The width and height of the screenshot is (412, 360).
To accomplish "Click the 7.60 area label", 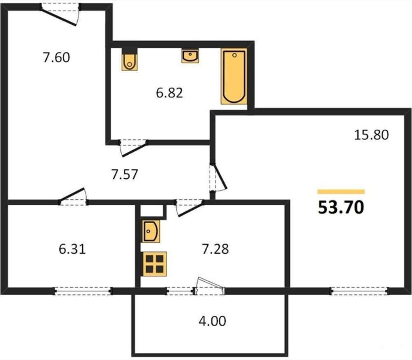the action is (56, 57).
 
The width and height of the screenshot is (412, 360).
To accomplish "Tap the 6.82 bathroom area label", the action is (170, 93).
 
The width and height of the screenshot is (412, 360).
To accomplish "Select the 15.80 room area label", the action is (371, 135).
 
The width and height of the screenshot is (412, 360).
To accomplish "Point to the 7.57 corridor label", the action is (125, 174).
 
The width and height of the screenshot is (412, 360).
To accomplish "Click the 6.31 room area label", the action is (72, 249).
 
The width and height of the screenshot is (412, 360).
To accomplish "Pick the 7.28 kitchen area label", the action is (215, 249).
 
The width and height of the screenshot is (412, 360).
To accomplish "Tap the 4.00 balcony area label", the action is (212, 321).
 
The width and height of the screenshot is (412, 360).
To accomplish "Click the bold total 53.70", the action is (341, 207).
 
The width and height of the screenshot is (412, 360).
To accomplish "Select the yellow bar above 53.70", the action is (341, 191).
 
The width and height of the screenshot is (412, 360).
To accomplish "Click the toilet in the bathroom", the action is (129, 59).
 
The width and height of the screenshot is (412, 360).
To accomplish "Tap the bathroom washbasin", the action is (190, 56).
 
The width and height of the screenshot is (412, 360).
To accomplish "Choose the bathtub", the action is (234, 76).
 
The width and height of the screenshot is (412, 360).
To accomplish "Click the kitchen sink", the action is (151, 231).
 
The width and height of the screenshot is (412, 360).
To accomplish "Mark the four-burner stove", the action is (155, 264).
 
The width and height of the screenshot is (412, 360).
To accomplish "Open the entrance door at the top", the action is (60, 14).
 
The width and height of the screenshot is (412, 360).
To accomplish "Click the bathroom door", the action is (133, 148).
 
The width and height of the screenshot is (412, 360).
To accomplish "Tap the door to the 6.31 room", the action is (73, 197).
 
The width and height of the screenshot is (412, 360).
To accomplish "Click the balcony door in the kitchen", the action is (209, 286).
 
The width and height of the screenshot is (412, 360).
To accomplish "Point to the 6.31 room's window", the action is (83, 291).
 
